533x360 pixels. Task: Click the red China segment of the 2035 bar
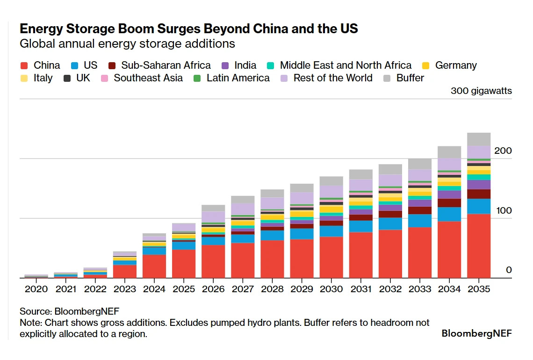pos(478,246)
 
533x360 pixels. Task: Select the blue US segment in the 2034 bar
pos(449,214)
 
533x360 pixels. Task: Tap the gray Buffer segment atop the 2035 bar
pos(478,139)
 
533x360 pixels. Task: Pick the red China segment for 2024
pos(154,266)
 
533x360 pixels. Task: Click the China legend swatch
pos(25,65)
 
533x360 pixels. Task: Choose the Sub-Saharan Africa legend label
pos(166,65)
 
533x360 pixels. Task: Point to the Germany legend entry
pos(456,65)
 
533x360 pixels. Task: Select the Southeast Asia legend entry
pos(148,78)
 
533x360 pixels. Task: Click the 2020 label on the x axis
pos(36,289)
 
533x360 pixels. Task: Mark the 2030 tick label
pos(331,289)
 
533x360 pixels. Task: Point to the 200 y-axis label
pos(503,151)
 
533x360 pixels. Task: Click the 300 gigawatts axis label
pos(481,91)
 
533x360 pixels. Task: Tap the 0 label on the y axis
pos(509,270)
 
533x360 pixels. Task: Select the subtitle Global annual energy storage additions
pos(127,44)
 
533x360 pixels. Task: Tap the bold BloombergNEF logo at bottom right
pos(476,334)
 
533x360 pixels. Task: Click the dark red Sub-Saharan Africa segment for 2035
pos(478,194)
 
